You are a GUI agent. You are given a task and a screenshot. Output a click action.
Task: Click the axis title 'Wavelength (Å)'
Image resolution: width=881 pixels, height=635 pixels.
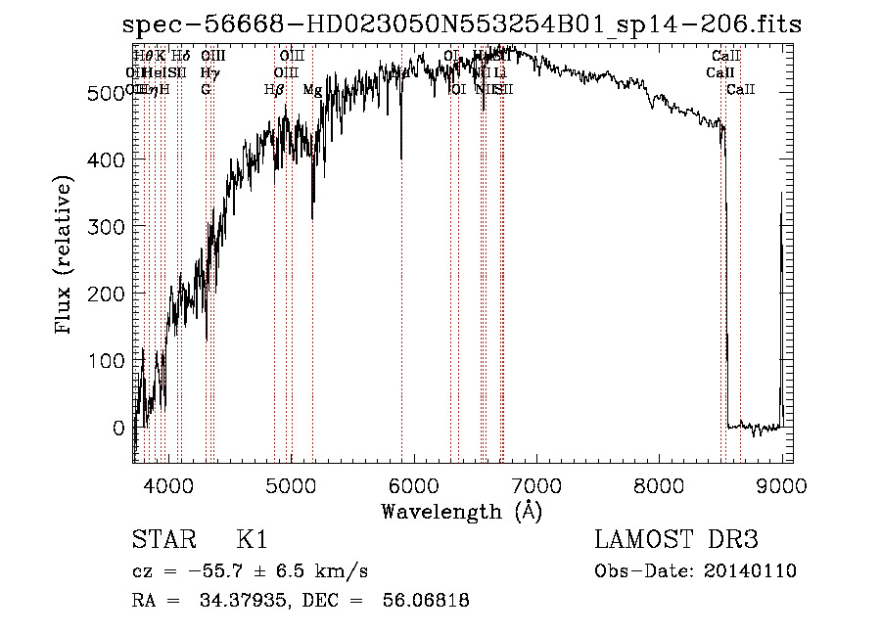pos(462,511)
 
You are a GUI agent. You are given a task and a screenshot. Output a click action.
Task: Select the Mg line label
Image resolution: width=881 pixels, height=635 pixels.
pos(312,90)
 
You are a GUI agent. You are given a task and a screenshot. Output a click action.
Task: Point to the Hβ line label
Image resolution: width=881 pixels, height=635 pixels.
pos(274,90)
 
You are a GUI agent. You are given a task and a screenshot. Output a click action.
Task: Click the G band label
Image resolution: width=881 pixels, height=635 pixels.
pos(206,90)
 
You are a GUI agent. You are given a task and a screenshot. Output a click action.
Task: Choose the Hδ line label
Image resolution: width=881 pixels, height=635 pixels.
pos(181,57)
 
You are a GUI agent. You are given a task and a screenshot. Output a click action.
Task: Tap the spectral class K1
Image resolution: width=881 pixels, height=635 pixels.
pos(252,540)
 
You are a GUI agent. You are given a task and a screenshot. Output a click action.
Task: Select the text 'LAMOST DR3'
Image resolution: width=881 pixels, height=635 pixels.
pos(676,540)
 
